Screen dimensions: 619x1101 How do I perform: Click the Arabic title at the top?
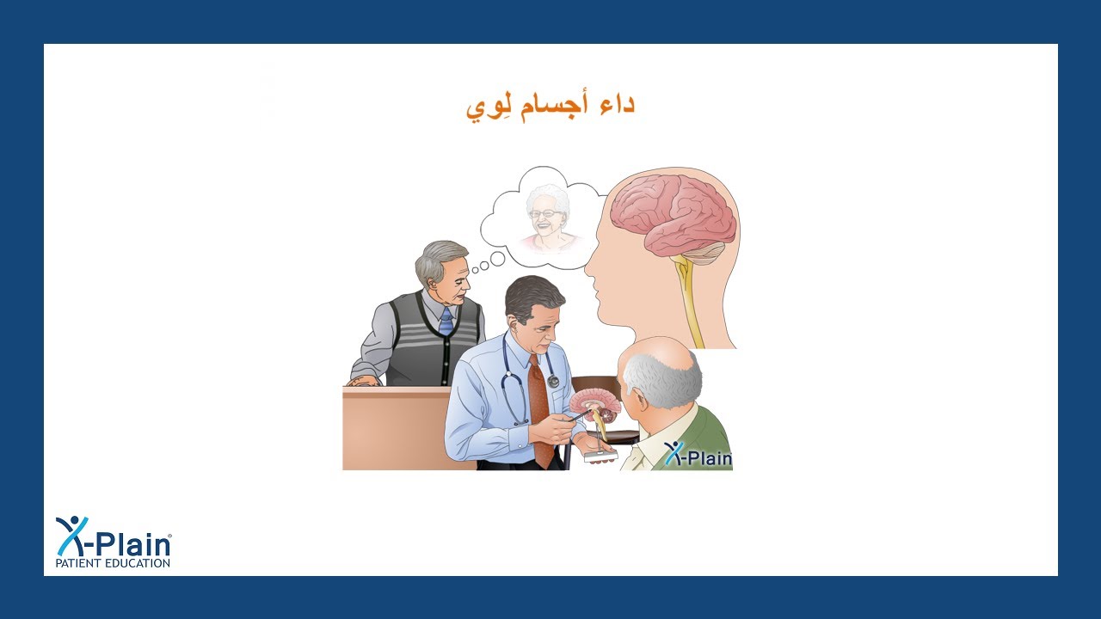550,106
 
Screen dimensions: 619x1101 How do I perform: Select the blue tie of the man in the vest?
446,322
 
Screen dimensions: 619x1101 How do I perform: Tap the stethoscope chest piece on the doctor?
552,381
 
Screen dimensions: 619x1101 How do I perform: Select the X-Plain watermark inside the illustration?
698,456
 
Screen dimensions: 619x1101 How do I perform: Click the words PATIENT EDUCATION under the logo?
113,563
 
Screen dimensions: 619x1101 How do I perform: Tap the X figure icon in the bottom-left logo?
71,535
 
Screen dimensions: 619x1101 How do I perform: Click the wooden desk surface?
396,430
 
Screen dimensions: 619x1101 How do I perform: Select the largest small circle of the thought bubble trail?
496,259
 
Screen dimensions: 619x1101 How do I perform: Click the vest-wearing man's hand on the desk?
363,380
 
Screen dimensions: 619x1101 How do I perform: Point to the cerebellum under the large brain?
705,251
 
